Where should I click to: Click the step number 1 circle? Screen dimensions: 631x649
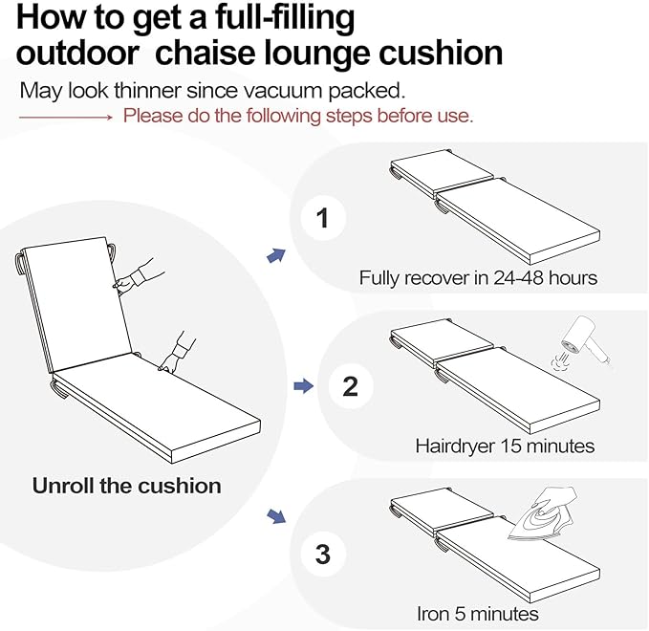tap(323, 219)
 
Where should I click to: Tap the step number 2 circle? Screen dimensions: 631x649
tap(350, 386)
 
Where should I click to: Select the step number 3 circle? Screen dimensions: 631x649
tap(323, 554)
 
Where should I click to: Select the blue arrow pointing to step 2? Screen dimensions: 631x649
tap(302, 386)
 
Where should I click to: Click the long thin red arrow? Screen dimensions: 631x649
tap(66, 117)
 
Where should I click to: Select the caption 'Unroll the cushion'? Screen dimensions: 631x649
tap(126, 485)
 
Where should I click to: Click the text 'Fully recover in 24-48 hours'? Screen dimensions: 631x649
tap(478, 278)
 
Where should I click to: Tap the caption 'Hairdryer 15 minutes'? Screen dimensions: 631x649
tap(505, 446)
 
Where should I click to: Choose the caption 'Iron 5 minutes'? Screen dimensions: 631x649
tap(478, 613)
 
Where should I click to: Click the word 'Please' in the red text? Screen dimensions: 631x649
tap(152, 117)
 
